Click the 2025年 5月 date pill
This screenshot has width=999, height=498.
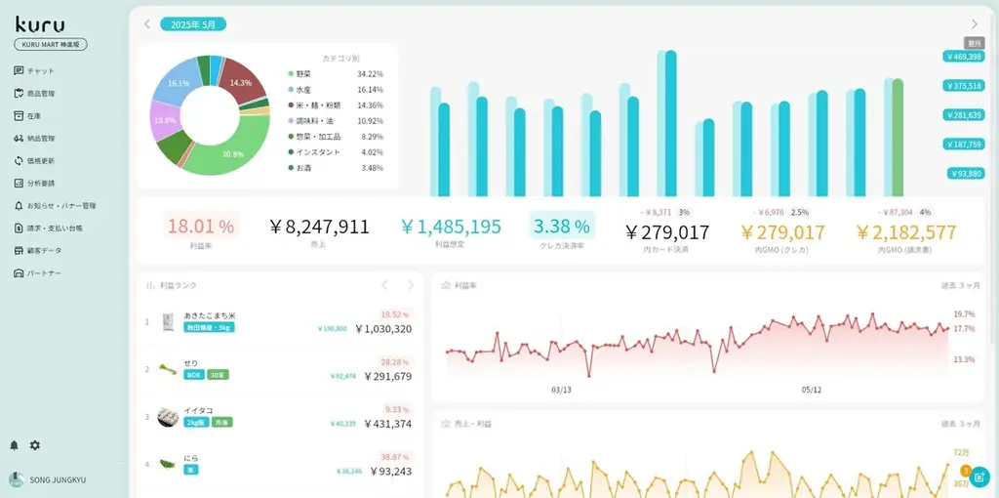click(x=193, y=23)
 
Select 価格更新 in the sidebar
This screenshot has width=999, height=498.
click(x=40, y=160)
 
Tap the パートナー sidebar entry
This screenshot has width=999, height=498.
click(x=44, y=272)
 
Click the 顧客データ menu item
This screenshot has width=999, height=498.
click(x=44, y=250)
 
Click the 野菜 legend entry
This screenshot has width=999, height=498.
click(x=304, y=74)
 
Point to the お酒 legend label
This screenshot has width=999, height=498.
click(x=304, y=168)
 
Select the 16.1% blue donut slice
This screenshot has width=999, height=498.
click(x=178, y=84)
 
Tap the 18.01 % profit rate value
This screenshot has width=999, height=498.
click(x=200, y=227)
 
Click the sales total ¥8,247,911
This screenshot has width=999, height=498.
click(x=319, y=227)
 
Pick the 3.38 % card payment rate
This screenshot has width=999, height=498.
click(x=564, y=227)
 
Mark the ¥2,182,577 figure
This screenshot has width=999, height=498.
click(x=905, y=232)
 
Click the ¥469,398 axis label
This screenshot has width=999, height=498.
click(x=963, y=57)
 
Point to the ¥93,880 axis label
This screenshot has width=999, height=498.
click(x=965, y=174)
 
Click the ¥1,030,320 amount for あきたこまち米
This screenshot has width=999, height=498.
click(x=382, y=329)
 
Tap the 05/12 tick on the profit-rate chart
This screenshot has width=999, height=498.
click(x=811, y=390)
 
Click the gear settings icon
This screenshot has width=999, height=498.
click(x=35, y=445)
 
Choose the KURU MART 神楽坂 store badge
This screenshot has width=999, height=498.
click(x=51, y=45)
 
